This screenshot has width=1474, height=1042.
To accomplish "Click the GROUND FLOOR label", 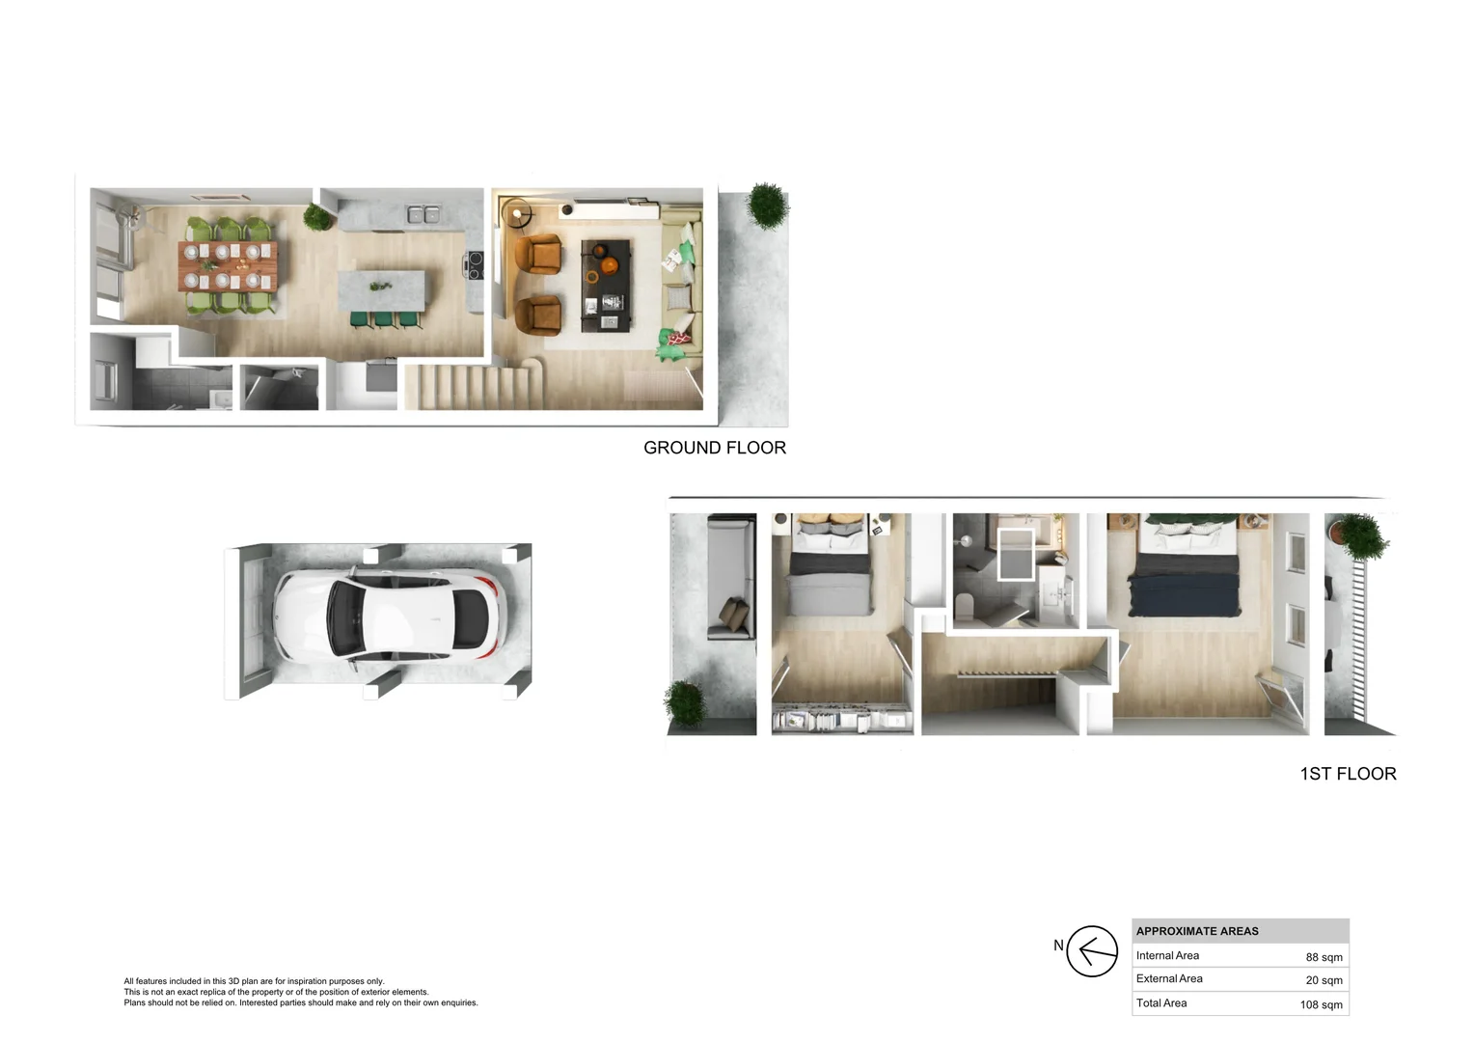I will (x=714, y=448).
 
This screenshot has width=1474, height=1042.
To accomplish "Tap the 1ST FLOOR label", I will (x=1348, y=774).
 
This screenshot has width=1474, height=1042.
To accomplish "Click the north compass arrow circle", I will (x=1092, y=951).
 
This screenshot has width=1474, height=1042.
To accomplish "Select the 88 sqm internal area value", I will (x=1324, y=957).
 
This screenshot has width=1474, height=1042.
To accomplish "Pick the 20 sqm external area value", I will (x=1324, y=980).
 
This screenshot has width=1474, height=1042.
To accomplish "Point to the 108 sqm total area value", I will (x=1321, y=1004).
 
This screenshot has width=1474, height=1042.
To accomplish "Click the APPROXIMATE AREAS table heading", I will (x=1197, y=931).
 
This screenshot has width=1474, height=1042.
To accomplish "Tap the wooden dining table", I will (x=228, y=266).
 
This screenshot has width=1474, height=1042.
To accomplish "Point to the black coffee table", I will (x=606, y=286).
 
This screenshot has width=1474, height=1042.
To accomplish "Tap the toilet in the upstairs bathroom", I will (x=964, y=606).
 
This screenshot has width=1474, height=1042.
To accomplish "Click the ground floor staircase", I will (x=472, y=386).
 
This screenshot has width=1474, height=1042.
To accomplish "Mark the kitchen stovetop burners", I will (x=475, y=265).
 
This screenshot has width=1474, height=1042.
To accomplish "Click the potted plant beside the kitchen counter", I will (x=317, y=216).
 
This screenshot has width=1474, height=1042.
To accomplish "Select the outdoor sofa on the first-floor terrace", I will (x=730, y=577).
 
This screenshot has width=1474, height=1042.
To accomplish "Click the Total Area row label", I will (x=1161, y=1003).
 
